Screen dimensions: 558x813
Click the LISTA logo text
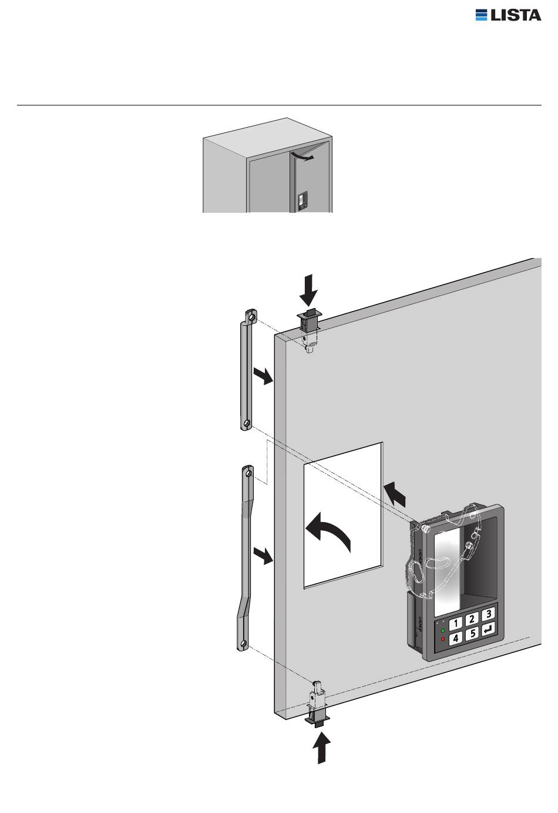[516, 15]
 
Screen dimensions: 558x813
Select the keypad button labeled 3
[488, 613]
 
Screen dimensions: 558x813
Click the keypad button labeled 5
[472, 633]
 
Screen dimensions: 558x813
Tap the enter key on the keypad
[489, 628]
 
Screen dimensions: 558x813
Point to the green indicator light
[442, 630]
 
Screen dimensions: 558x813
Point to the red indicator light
[443, 639]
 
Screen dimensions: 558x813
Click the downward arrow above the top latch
[308, 291]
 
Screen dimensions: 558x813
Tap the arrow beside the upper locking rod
[263, 375]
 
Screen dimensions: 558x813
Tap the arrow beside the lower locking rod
[263, 556]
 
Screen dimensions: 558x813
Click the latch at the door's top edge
[309, 330]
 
